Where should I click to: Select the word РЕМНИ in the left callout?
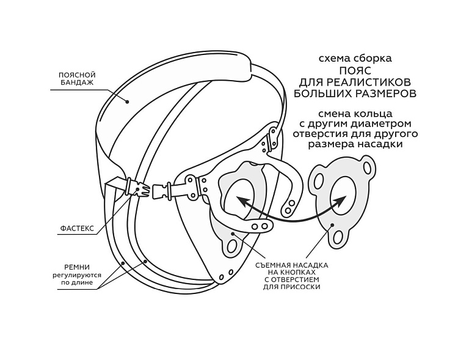[x=78, y=266]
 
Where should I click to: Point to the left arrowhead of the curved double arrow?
[x=241, y=200]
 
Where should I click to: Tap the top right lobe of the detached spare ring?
[x=366, y=166]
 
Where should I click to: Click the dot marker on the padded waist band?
[x=127, y=102]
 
